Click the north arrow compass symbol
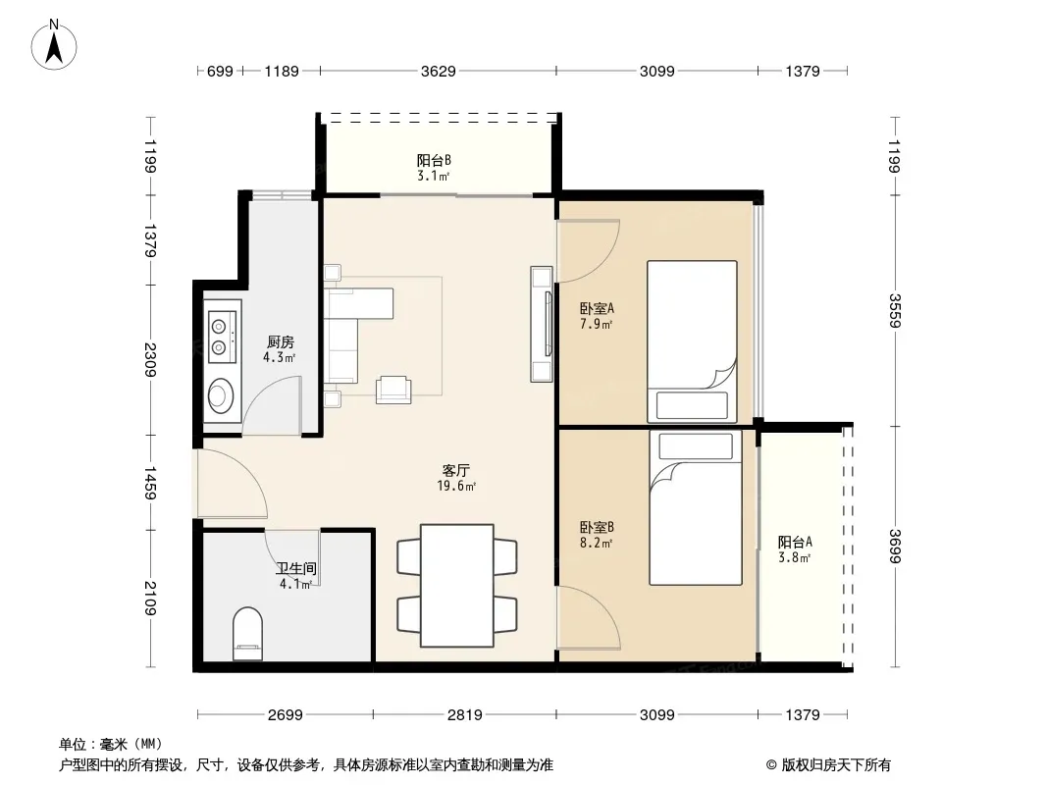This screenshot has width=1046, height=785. pos(54,45)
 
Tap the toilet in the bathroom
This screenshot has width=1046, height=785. pos(247,634)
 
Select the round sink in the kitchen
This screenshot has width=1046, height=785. pos(220,396)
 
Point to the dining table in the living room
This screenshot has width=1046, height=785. pos(457,586)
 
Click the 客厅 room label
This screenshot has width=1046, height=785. pos(456,470)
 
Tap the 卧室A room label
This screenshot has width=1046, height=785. pos(597,309)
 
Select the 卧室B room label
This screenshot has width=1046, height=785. pos(597,528)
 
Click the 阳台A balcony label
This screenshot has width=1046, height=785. pos(795,543)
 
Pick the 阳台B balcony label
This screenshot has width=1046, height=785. pos(434,160)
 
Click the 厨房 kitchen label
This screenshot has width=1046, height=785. pos(281,342)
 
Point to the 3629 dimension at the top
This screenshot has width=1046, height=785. pos(439,71)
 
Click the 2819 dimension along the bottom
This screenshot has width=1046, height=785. pos(464,715)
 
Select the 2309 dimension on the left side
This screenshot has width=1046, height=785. pos(150,359)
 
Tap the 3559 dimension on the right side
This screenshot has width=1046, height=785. pos(895,311)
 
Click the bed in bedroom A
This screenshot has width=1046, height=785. pos(692,341)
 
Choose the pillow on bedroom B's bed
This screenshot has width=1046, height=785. pos(695,446)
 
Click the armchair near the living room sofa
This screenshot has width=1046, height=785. pos(393,391)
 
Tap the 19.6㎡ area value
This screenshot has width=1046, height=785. pos(456,486)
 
